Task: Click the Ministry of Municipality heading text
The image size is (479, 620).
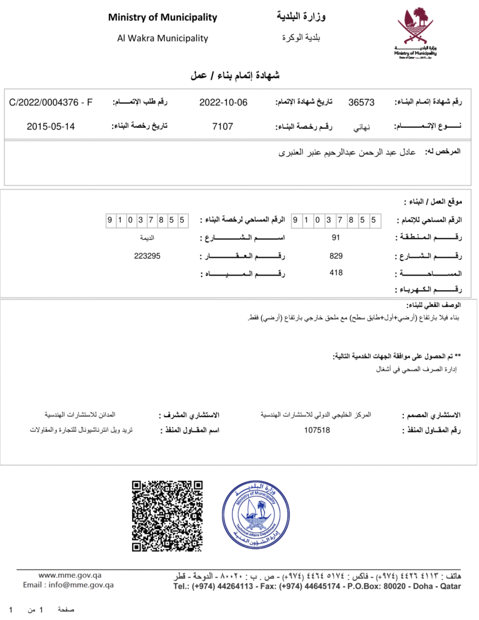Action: click(x=162, y=18)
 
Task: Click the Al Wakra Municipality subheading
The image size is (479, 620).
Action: click(x=162, y=38)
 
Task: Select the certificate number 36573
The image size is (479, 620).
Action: click(x=362, y=102)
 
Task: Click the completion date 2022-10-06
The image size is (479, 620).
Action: click(x=223, y=102)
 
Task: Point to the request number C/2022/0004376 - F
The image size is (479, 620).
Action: click(x=51, y=102)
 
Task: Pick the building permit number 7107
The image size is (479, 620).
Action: click(x=222, y=127)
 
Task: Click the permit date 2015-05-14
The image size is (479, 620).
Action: click(x=51, y=127)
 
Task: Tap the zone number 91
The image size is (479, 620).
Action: click(x=336, y=237)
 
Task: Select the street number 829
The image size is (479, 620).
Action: click(x=336, y=256)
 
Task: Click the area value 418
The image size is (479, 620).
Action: click(x=336, y=273)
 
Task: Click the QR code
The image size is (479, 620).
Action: click(x=167, y=515)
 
